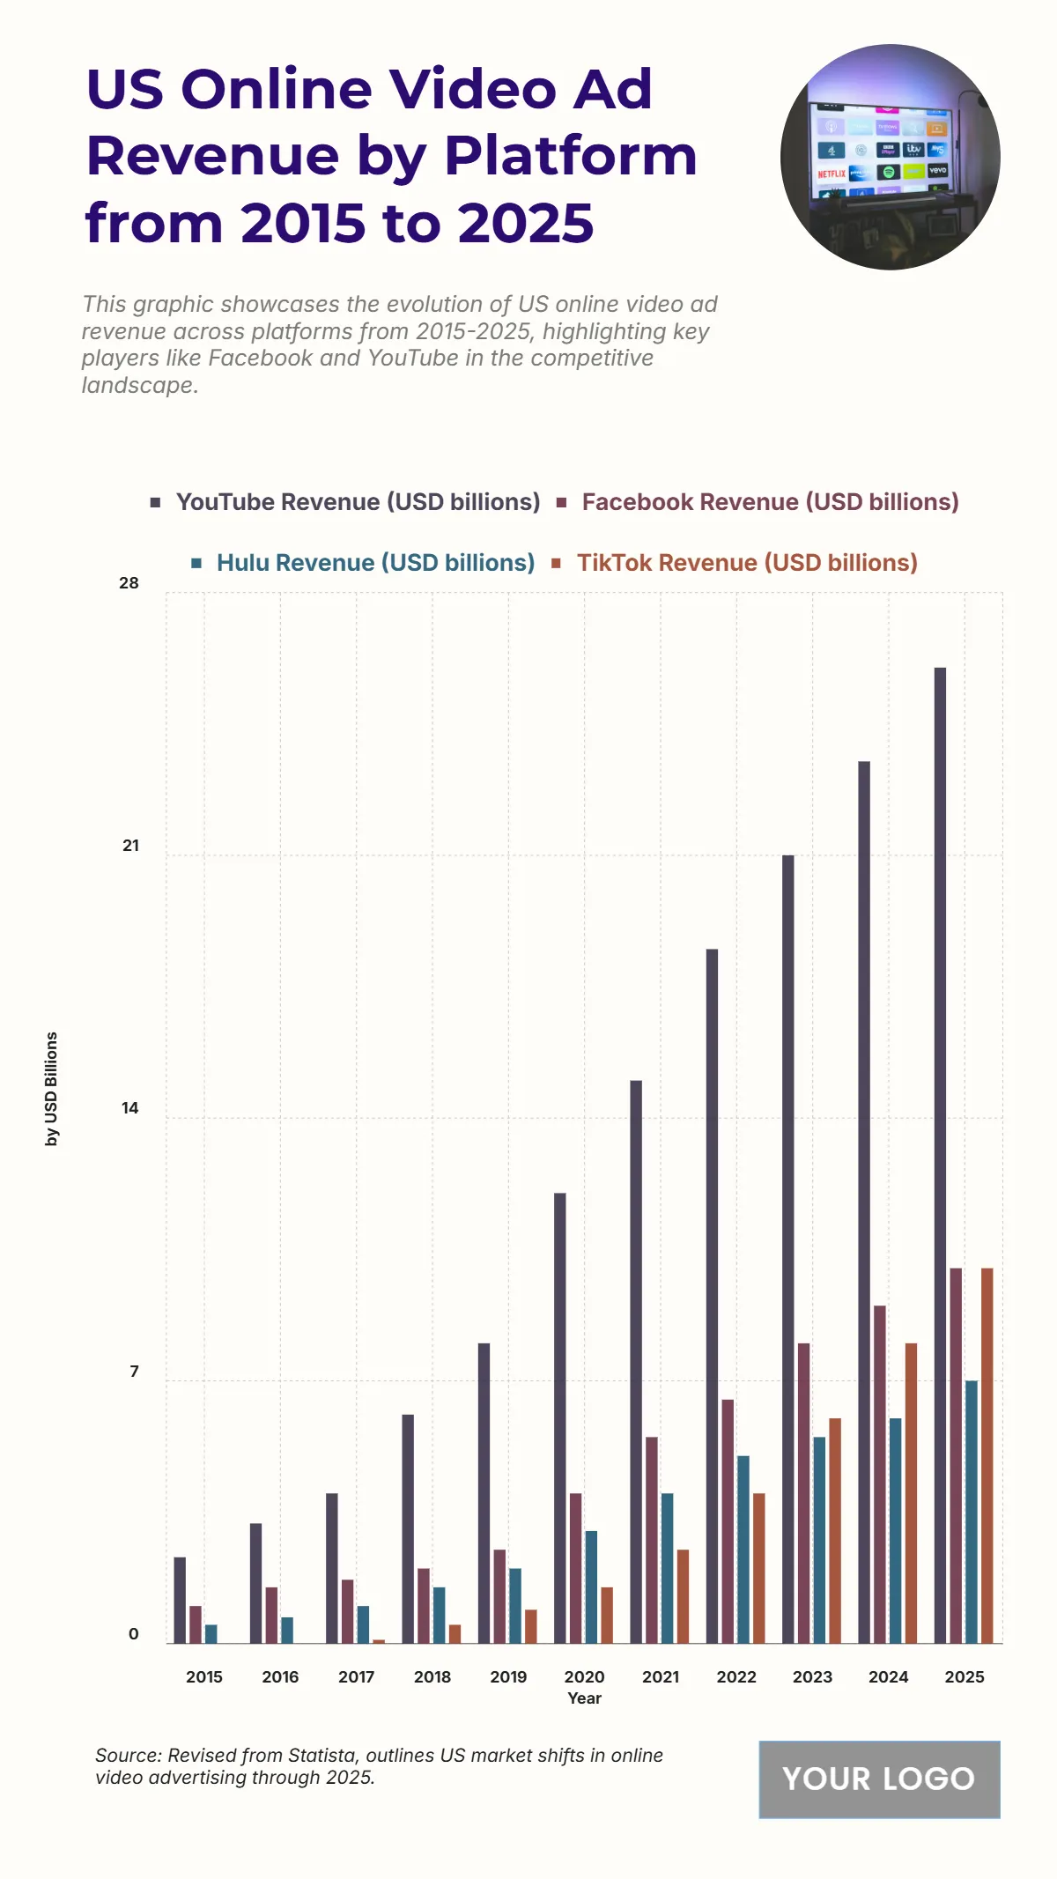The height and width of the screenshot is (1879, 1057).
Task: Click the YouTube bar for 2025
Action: tap(940, 1155)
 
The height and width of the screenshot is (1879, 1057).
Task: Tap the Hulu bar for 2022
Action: tap(743, 1550)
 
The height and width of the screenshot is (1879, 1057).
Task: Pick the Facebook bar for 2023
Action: tap(803, 1493)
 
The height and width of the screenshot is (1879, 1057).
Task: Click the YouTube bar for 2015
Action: tap(180, 1600)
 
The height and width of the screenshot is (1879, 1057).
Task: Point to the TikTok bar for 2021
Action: tap(683, 1596)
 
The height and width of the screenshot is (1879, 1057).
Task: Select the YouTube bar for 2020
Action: tap(560, 1418)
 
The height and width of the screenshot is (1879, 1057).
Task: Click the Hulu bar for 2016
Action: tap(287, 1630)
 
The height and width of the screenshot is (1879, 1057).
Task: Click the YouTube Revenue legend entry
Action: tap(358, 502)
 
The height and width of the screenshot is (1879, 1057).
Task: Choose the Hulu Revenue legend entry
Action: tap(375, 563)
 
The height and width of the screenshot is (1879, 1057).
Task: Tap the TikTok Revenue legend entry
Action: tap(747, 563)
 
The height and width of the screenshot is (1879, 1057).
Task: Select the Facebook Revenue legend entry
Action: tap(770, 502)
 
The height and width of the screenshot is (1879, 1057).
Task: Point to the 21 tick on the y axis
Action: tap(130, 846)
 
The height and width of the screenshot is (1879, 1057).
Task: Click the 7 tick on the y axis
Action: tap(134, 1372)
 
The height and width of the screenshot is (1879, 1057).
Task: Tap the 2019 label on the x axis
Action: tap(508, 1677)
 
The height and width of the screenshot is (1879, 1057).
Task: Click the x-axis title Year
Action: tap(584, 1698)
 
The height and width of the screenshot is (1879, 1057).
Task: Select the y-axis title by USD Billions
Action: tap(52, 1089)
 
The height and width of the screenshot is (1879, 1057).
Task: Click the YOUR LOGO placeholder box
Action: tap(879, 1779)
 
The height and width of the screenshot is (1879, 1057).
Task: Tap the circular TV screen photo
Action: tap(890, 157)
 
